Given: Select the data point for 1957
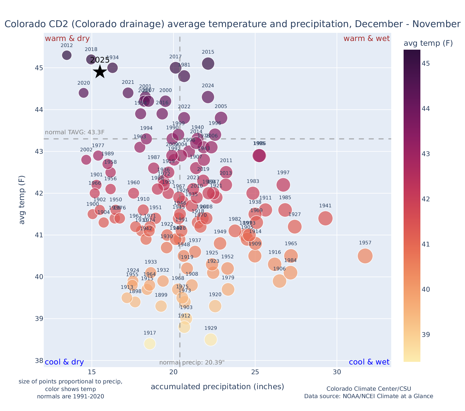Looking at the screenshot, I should point(365,256).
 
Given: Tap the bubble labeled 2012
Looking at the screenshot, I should point(67,55).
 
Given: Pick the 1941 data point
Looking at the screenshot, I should point(325,218).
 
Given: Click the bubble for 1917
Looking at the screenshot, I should point(150,344).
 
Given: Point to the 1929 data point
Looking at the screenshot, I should point(211,340).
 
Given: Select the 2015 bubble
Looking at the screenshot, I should point(208,63).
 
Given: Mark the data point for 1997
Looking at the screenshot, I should point(283,185).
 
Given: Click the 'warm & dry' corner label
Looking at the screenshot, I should point(67,39).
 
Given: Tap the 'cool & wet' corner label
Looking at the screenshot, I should point(369,362).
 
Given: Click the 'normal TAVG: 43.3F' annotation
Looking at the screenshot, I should point(75,132).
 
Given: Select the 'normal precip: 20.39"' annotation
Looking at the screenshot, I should point(192,363).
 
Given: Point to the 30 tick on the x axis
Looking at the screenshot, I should point(337,372).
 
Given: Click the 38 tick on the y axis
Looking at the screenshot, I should point(39,361).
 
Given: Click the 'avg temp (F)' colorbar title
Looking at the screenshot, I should point(428,43).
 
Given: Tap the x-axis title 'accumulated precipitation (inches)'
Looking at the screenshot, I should point(217,387).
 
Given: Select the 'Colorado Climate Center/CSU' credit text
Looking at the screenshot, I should point(368,389).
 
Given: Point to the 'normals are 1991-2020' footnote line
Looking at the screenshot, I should point(70,396).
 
